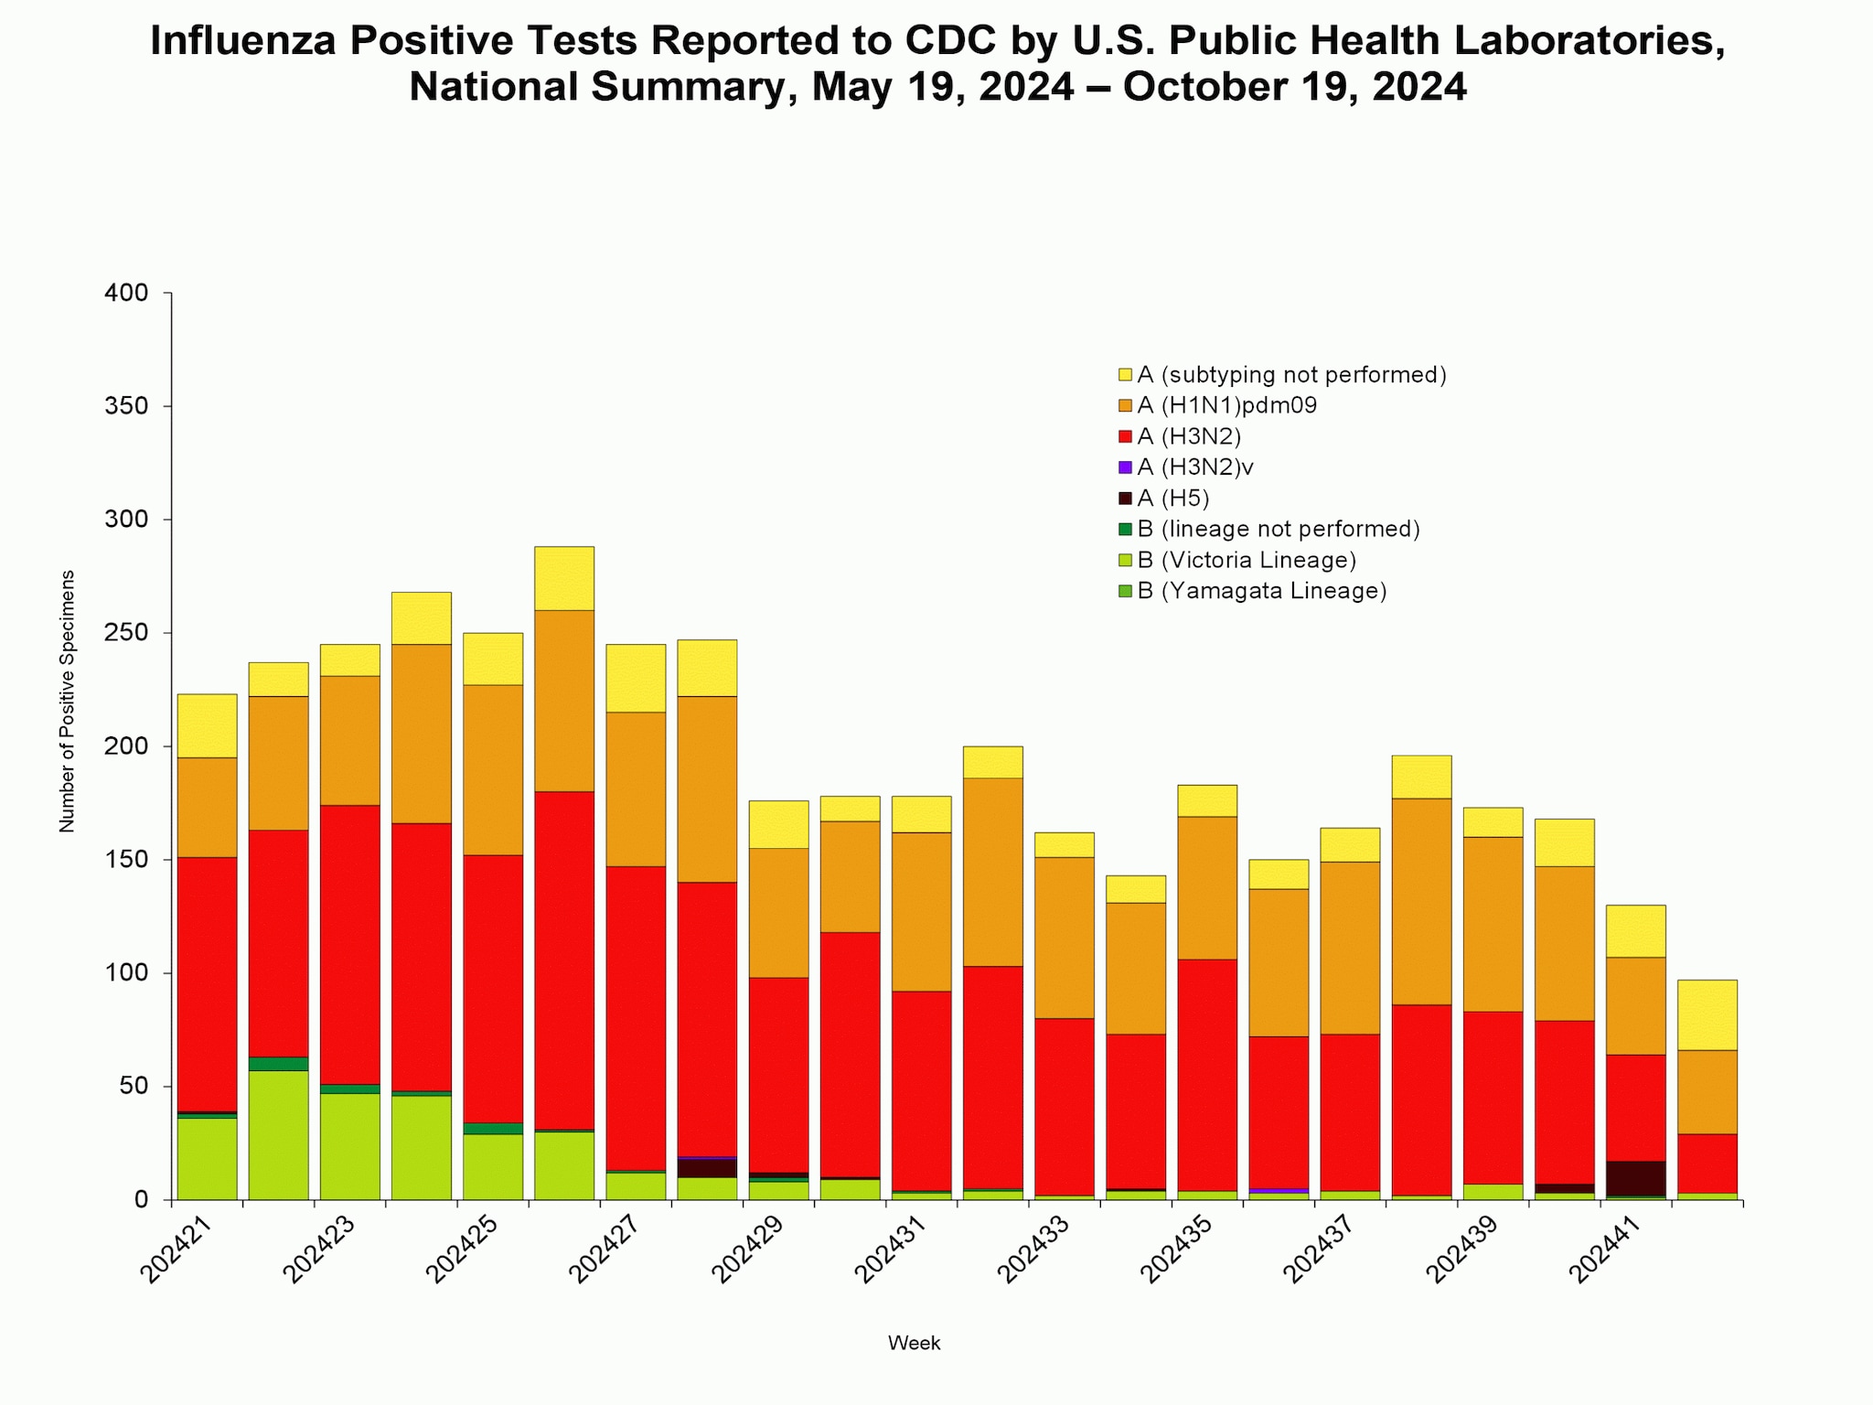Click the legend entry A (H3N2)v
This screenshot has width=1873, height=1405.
point(1194,467)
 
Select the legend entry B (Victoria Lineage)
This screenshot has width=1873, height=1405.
point(1246,560)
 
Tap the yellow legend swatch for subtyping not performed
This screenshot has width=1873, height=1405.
point(1125,374)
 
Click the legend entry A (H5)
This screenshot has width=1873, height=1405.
point(1172,499)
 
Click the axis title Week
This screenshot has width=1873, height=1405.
point(914,1343)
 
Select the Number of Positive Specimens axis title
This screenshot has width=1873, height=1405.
point(67,701)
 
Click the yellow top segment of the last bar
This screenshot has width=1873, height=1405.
point(1707,1014)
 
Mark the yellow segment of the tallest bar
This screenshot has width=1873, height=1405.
point(564,578)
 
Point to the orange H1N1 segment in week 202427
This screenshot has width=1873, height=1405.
point(636,788)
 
